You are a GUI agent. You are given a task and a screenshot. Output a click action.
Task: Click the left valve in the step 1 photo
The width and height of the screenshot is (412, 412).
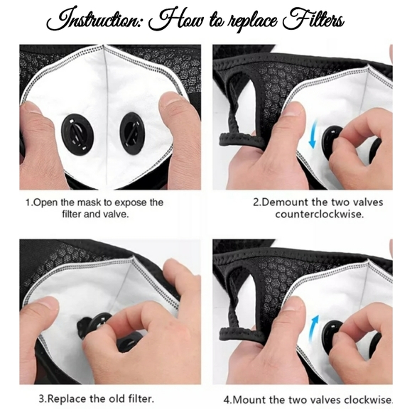pyautogui.click(x=76, y=131)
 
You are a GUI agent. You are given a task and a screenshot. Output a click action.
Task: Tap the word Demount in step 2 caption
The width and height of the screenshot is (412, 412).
pyautogui.click(x=286, y=202)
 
